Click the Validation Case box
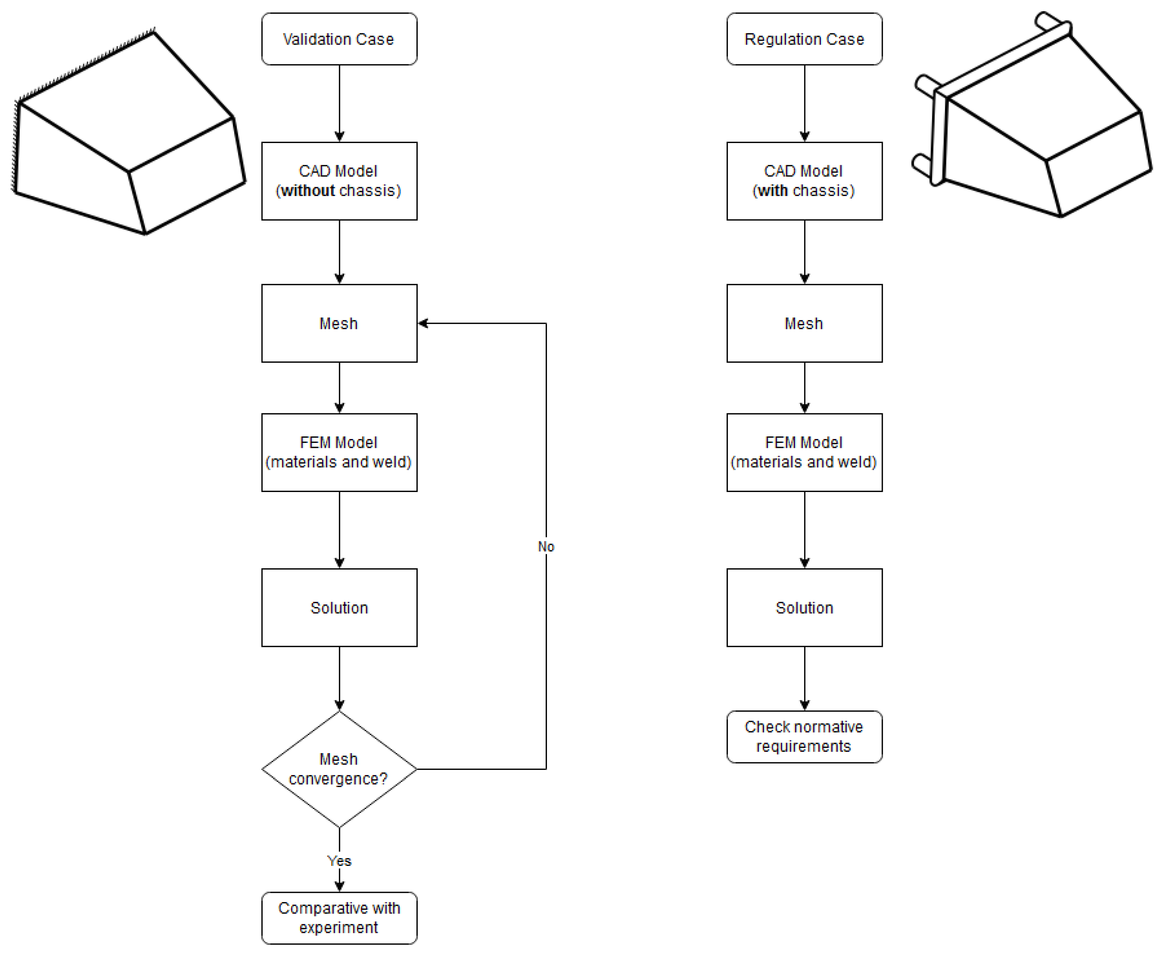(339, 39)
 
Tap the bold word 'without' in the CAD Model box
(308, 191)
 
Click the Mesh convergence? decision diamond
(339, 769)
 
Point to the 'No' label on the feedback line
(546, 546)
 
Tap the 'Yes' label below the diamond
(339, 861)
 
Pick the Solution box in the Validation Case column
(339, 607)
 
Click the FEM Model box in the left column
(339, 452)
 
